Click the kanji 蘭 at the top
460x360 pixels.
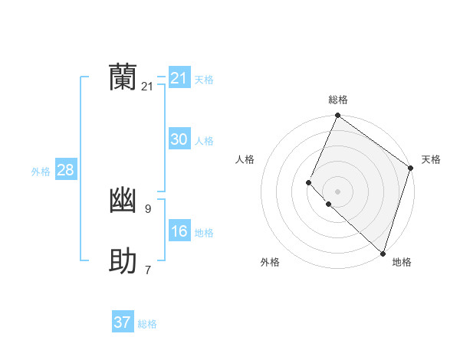tap(123, 78)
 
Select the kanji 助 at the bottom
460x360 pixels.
tap(123, 262)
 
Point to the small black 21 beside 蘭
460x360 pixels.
tap(147, 87)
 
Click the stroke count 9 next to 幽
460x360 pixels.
tap(147, 208)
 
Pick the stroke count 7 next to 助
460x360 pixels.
tap(147, 270)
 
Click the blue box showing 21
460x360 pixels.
tap(179, 78)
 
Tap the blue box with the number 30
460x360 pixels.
tap(179, 139)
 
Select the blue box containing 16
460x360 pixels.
tap(179, 231)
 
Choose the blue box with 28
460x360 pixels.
tap(65, 170)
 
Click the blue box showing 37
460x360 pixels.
tap(123, 322)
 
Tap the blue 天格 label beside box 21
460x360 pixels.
tap(204, 80)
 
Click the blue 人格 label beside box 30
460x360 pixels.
tap(204, 141)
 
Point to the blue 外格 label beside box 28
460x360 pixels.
tap(41, 172)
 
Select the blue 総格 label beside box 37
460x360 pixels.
tap(147, 324)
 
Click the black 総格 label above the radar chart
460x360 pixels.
tap(338, 100)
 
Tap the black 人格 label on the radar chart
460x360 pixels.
tap(245, 159)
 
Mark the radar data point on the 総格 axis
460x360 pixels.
tap(337, 116)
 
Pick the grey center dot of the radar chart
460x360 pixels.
tap(337, 191)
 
